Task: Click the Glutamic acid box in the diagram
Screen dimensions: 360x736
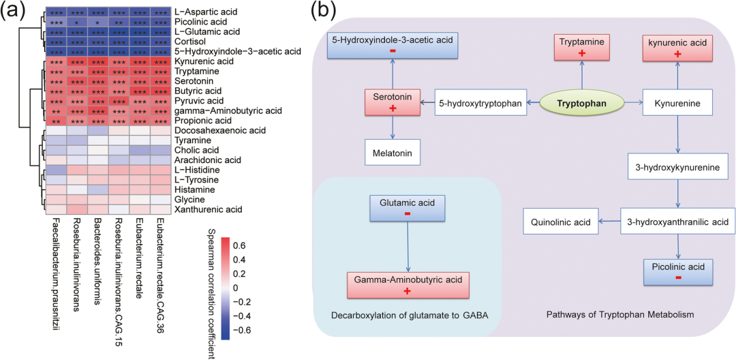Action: coord(407,208)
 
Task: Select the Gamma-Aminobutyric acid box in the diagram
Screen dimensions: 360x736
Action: coord(407,284)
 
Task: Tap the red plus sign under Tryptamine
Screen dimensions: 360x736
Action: coord(581,54)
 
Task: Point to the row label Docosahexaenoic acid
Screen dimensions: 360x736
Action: coord(221,130)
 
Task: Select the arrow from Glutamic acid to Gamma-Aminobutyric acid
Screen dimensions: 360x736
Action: coord(407,246)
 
